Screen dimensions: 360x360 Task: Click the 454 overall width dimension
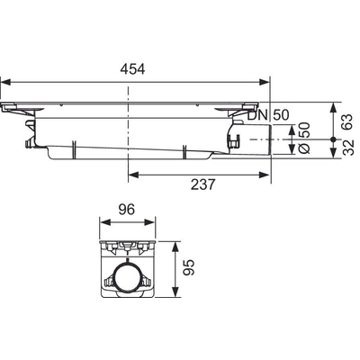click(x=133, y=67)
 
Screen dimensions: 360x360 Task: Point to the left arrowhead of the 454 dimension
click(x=4, y=78)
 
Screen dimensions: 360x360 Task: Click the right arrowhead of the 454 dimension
click(x=266, y=78)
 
